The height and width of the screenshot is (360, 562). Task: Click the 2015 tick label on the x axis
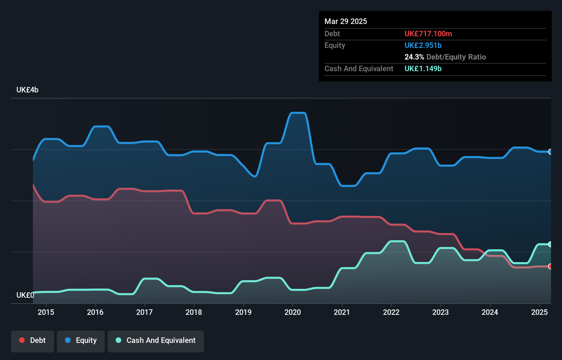click(x=46, y=312)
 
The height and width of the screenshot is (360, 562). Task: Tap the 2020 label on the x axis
click(x=293, y=312)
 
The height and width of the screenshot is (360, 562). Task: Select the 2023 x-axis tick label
click(x=440, y=312)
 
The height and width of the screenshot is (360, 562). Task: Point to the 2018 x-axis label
click(x=194, y=312)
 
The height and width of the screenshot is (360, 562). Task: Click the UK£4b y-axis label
click(x=27, y=90)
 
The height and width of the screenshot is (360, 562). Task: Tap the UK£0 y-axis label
click(x=25, y=295)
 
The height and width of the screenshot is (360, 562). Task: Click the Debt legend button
click(x=33, y=340)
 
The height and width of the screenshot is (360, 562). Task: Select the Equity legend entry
click(x=81, y=340)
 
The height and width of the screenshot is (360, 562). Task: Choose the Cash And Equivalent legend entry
click(x=156, y=340)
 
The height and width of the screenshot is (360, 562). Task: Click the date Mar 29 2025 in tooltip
click(x=346, y=21)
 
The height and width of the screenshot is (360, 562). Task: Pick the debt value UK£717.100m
click(x=428, y=34)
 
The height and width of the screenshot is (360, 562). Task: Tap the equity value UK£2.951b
click(x=423, y=45)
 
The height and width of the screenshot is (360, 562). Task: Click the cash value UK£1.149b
click(x=423, y=68)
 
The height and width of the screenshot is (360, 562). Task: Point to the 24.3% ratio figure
click(x=414, y=57)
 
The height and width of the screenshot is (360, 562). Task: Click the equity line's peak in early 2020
click(x=298, y=113)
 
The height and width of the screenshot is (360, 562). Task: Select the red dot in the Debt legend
click(x=22, y=340)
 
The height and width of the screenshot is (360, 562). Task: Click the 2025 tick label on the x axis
click(x=539, y=312)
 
